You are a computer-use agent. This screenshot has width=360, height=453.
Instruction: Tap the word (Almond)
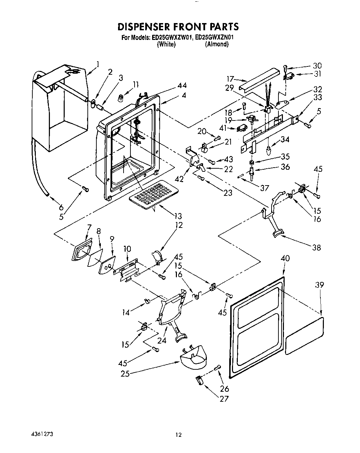pyautogui.click(x=217, y=44)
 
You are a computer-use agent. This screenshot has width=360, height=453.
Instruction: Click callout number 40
pyautogui.click(x=285, y=259)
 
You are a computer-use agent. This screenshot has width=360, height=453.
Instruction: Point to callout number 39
pyautogui.click(x=320, y=285)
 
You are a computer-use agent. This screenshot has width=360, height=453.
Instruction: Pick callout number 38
pyautogui.click(x=316, y=247)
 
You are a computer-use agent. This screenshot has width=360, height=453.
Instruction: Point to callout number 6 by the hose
pyautogui.click(x=61, y=207)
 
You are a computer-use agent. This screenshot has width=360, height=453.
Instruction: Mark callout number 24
pyautogui.click(x=162, y=340)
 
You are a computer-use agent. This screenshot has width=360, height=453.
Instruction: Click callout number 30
pyautogui.click(x=317, y=65)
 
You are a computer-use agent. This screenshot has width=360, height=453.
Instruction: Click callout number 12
pyautogui.click(x=179, y=225)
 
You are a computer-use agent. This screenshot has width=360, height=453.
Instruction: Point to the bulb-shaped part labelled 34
pyautogui.click(x=269, y=150)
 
